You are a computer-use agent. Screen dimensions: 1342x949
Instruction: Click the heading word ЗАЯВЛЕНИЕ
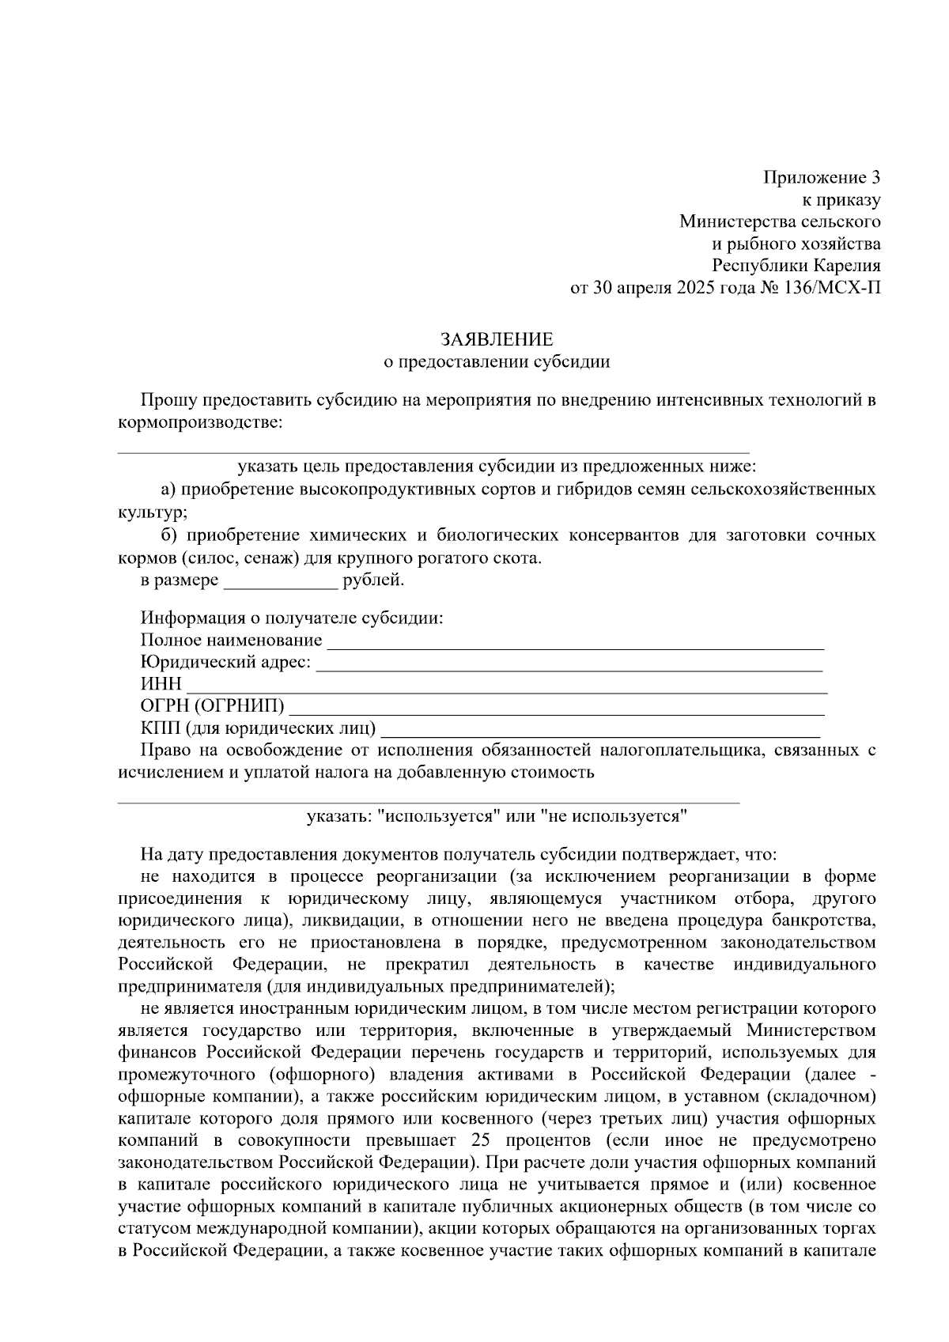click(497, 340)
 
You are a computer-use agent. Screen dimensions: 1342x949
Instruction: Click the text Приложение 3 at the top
click(822, 177)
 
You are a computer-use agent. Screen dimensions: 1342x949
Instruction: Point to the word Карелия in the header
click(849, 266)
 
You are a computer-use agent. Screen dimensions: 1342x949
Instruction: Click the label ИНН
click(161, 683)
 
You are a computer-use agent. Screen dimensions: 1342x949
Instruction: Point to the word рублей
click(372, 581)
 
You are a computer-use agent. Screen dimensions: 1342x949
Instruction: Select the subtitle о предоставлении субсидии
click(497, 362)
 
